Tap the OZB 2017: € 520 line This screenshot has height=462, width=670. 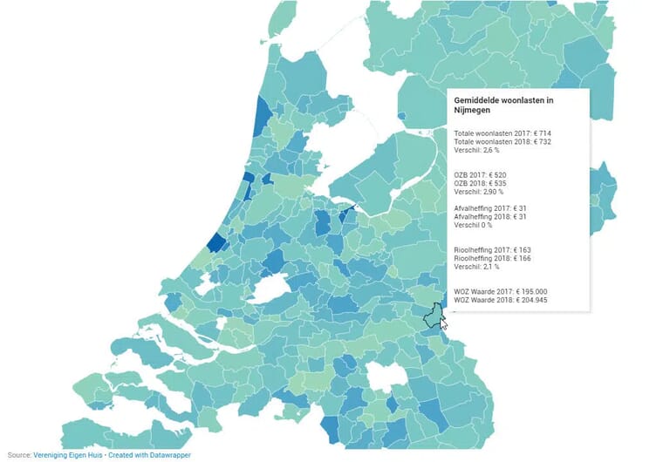tap(480, 175)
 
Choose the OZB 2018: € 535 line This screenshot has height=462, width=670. tap(480, 184)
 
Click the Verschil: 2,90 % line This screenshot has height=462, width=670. tap(478, 193)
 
